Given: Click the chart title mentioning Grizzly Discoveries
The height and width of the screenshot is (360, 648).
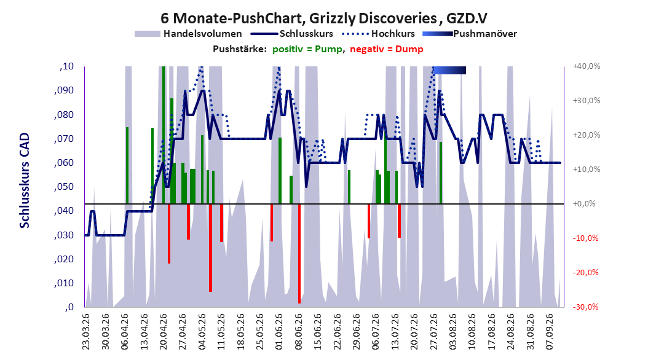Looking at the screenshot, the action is click(x=323, y=18).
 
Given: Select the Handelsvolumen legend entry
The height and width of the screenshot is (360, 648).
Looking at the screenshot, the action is click(x=189, y=34).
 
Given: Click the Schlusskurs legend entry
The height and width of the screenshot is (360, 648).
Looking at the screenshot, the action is click(x=292, y=34).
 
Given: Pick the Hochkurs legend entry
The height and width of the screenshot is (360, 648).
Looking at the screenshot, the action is click(x=378, y=34).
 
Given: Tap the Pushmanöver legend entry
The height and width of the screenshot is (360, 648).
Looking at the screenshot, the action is click(x=470, y=34).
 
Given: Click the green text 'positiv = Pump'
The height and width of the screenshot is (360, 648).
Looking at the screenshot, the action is click(x=307, y=49).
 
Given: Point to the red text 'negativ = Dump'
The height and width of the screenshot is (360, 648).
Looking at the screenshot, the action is click(x=387, y=49).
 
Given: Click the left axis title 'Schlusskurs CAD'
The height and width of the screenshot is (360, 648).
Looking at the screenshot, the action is click(x=25, y=181).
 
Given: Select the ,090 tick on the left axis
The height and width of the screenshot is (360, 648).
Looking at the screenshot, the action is click(x=64, y=90).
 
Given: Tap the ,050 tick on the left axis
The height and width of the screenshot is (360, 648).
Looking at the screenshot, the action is click(x=64, y=187).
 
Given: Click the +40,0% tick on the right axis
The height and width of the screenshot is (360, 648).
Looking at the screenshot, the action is click(x=587, y=66).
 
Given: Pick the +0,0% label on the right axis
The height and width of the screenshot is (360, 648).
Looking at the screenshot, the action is click(x=584, y=203).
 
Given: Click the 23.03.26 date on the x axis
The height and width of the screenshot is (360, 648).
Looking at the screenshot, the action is click(x=85, y=332).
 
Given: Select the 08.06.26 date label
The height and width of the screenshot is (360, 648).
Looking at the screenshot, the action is click(x=298, y=332).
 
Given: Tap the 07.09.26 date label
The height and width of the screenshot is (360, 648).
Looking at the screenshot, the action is click(x=550, y=332).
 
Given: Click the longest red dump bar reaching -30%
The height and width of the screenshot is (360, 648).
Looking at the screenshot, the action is click(x=299, y=254).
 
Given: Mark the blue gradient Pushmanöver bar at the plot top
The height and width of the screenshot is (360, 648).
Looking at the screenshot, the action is click(x=449, y=70).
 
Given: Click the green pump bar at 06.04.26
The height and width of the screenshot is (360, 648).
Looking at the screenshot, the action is click(x=127, y=165).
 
